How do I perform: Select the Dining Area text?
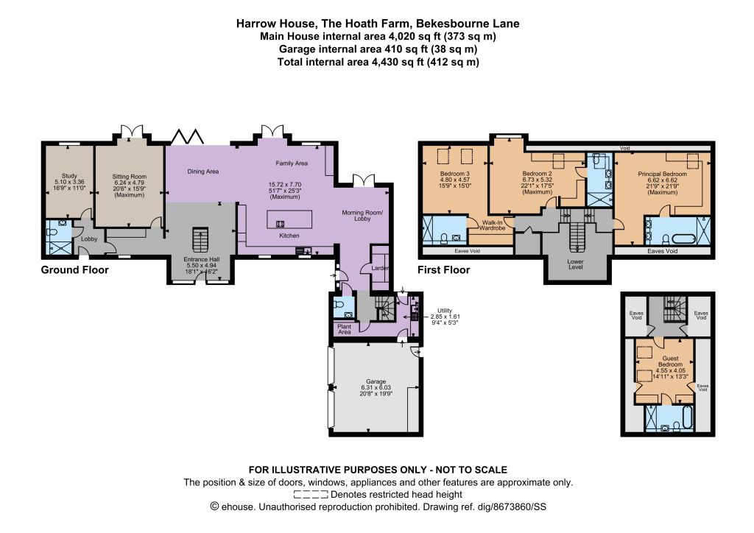click(x=203, y=172)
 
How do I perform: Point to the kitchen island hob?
click(x=279, y=224)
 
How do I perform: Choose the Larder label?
click(x=380, y=268)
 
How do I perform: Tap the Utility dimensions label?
click(x=445, y=317)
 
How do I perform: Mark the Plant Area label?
click(x=345, y=329)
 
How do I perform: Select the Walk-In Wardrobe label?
click(x=493, y=225)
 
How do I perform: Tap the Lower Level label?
click(x=576, y=264)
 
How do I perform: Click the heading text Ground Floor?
click(x=74, y=270)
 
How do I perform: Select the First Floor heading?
click(x=443, y=270)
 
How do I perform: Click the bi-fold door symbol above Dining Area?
click(x=188, y=136)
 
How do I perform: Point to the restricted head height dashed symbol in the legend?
click(x=311, y=495)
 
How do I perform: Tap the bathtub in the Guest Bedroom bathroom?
click(x=687, y=417)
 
